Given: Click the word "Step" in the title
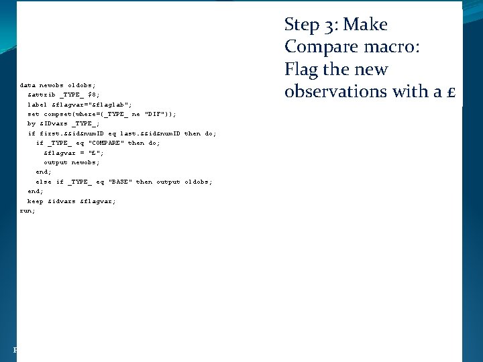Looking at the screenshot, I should [301, 25].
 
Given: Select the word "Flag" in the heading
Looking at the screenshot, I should [301, 70].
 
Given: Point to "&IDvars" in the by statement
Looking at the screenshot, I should [52, 123].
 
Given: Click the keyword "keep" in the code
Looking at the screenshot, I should [35, 201].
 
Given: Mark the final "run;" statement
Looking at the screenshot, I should [28, 210].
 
